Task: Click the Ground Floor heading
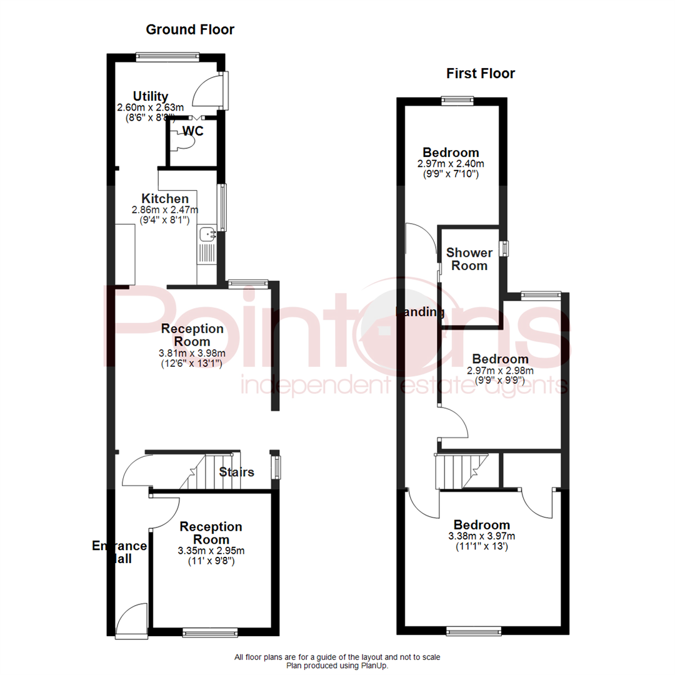click(x=190, y=29)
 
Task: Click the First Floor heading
click(x=481, y=74)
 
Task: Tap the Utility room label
click(x=151, y=96)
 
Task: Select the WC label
click(x=193, y=131)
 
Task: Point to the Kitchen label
click(x=165, y=199)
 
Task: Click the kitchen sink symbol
click(x=207, y=234)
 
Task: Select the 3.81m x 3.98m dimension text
click(x=192, y=353)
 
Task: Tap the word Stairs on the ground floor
click(x=237, y=472)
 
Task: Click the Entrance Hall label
click(x=119, y=552)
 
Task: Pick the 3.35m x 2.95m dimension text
click(x=211, y=551)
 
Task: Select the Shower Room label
click(x=469, y=259)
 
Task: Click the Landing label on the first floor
click(x=421, y=312)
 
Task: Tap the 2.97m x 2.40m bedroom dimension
click(x=451, y=164)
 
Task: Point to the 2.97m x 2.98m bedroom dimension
click(x=500, y=371)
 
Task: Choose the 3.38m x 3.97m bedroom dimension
click(x=482, y=536)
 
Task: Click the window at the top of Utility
click(x=167, y=56)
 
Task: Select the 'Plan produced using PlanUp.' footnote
click(x=337, y=666)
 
